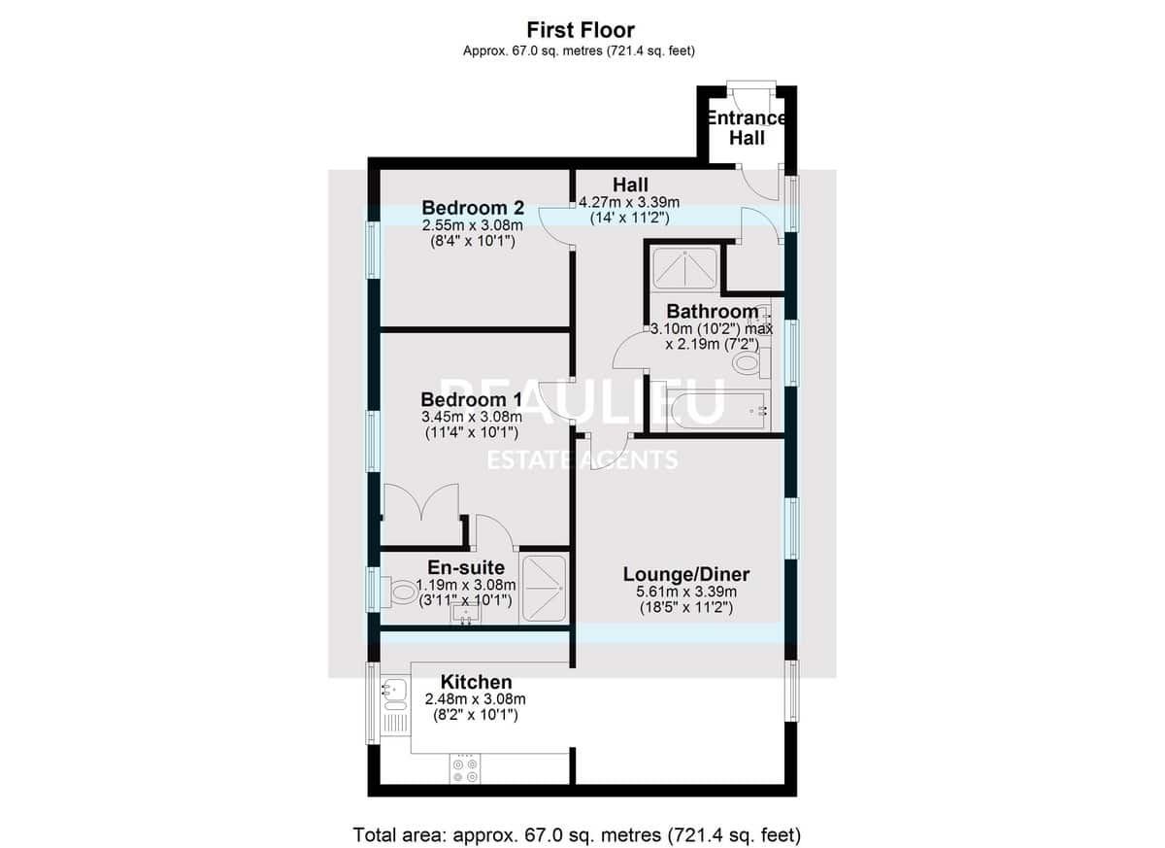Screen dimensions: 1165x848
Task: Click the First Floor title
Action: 581,30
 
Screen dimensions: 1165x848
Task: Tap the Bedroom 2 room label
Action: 472,208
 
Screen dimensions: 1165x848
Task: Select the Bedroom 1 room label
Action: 471,399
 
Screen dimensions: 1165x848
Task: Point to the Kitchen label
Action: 476,682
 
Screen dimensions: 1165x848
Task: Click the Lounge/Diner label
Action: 686,574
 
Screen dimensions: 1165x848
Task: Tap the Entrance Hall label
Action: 746,128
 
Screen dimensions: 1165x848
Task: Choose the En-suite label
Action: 466,567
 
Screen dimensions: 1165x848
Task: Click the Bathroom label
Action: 712,311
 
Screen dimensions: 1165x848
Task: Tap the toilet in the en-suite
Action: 399,592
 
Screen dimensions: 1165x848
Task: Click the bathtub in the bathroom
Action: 717,411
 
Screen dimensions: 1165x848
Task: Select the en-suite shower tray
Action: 544,589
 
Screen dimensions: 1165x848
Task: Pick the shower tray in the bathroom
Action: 686,268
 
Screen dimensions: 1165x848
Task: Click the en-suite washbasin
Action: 465,613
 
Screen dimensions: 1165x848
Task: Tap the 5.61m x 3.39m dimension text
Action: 686,592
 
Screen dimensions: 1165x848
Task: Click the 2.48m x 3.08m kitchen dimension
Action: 475,698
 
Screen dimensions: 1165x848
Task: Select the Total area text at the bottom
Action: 577,821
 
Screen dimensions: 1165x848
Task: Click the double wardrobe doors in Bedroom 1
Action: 421,502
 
